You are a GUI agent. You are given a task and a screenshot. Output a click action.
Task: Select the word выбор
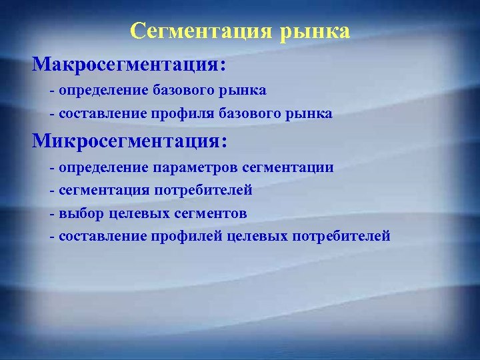coord(79,213)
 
